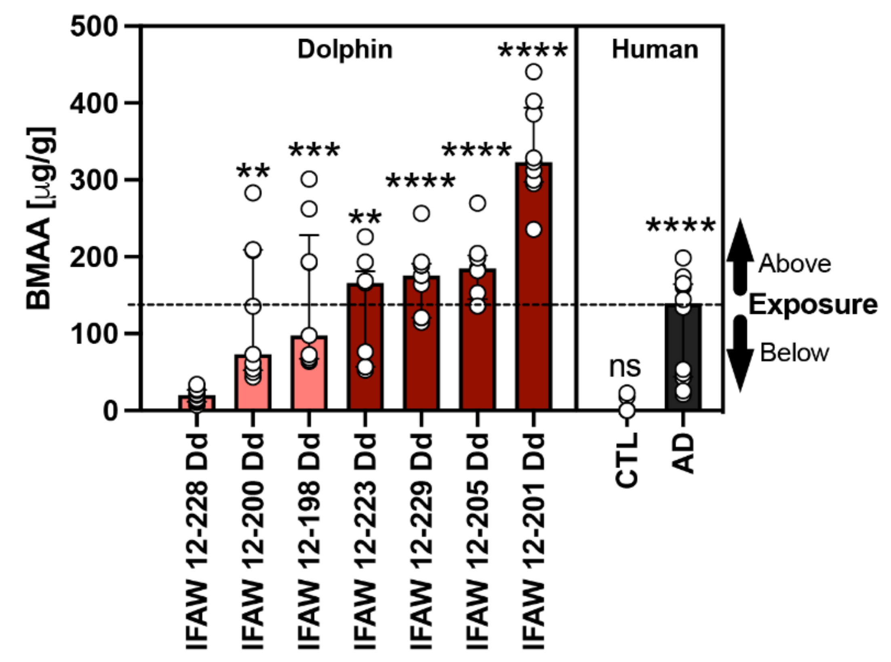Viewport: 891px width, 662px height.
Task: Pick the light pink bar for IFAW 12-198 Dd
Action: (x=309, y=384)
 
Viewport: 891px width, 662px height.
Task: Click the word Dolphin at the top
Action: (x=345, y=50)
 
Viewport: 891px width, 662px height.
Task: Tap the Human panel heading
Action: (x=655, y=50)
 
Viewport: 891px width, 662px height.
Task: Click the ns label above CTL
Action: (x=625, y=367)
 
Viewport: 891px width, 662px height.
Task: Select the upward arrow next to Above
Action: (x=740, y=254)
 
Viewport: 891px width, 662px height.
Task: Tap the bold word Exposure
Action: (x=813, y=305)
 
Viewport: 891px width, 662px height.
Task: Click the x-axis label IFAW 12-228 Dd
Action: (x=197, y=541)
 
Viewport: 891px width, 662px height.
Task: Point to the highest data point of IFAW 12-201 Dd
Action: (x=534, y=72)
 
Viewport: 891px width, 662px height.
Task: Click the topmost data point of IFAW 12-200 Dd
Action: (x=253, y=193)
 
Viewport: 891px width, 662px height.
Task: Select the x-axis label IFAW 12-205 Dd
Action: (x=478, y=541)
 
